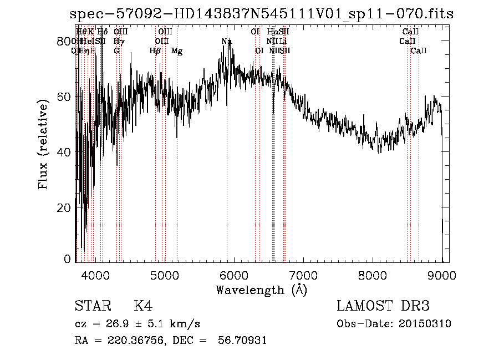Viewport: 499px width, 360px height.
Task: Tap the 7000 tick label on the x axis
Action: click(303, 275)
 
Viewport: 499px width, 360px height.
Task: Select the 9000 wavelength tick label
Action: click(442, 275)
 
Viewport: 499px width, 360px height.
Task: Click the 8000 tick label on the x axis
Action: click(373, 275)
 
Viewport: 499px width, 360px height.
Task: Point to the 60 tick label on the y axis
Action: click(66, 97)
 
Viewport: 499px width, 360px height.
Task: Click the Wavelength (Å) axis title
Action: click(261, 290)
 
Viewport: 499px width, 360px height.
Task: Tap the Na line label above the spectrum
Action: click(226, 42)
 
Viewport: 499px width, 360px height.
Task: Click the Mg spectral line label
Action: click(177, 51)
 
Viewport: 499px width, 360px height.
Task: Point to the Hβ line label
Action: click(155, 51)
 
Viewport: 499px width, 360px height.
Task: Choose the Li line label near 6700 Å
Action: click(283, 42)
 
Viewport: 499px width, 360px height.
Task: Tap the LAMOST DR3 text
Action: click(383, 306)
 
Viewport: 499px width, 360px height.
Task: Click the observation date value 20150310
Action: click(426, 324)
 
